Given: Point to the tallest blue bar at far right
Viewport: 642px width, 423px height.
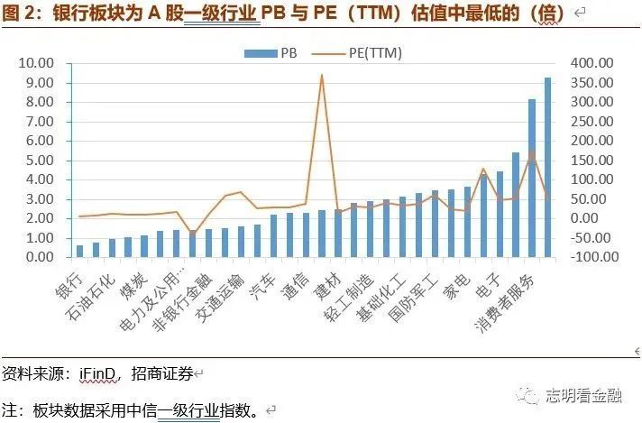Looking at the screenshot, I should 547,167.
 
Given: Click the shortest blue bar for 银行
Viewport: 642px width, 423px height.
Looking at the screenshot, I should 79,251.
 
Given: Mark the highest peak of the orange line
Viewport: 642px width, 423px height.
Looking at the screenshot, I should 321,75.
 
